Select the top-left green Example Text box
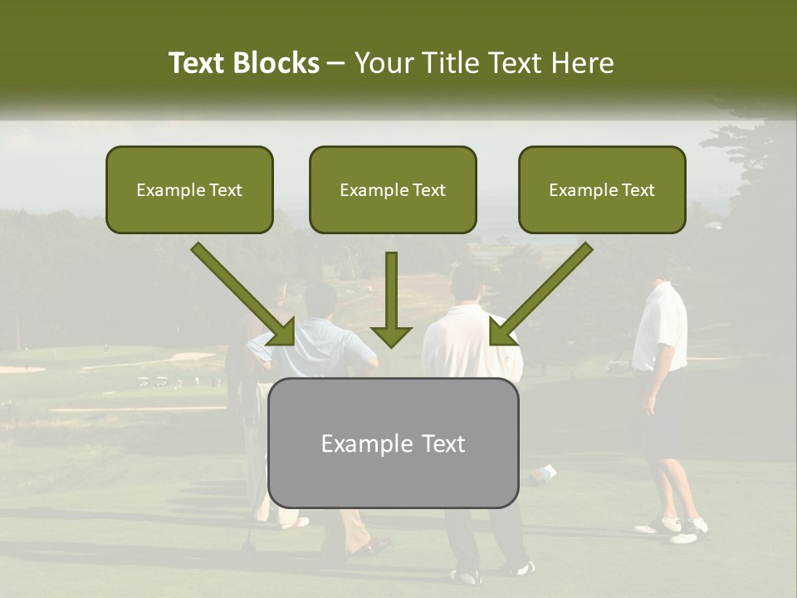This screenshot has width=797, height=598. [189, 189]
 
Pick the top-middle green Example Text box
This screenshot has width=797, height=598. [393, 189]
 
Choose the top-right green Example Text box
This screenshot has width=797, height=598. [602, 189]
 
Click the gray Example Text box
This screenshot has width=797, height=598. [393, 443]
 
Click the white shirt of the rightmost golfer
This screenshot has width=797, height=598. [661, 328]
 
